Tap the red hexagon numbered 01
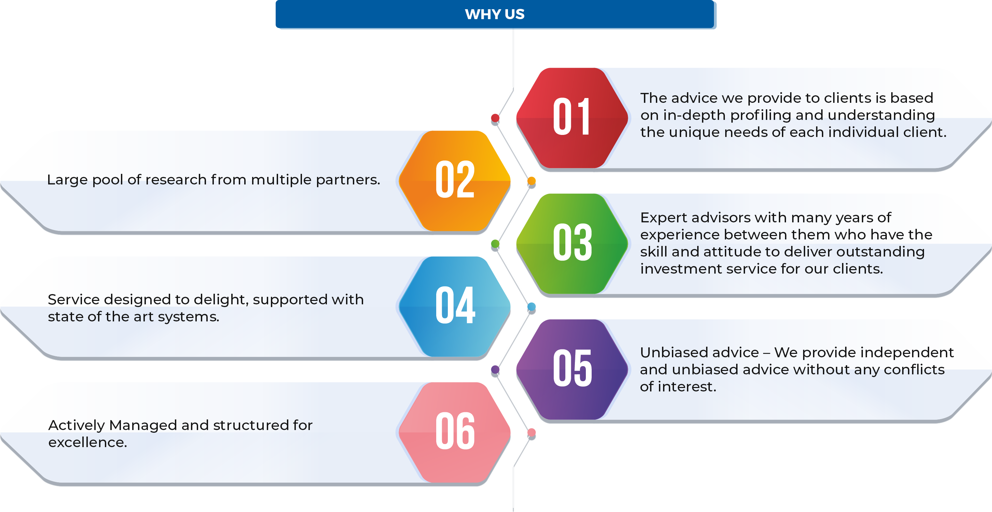(572, 118)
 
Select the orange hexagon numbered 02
(455, 181)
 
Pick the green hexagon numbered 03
(572, 243)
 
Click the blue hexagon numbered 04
(455, 306)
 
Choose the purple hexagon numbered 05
(572, 369)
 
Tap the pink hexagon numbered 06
(455, 432)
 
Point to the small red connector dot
(495, 118)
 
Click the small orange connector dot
(532, 181)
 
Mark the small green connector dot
(495, 244)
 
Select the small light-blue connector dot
(532, 306)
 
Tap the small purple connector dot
(495, 370)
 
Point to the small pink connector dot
(532, 432)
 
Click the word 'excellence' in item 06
(87, 442)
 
